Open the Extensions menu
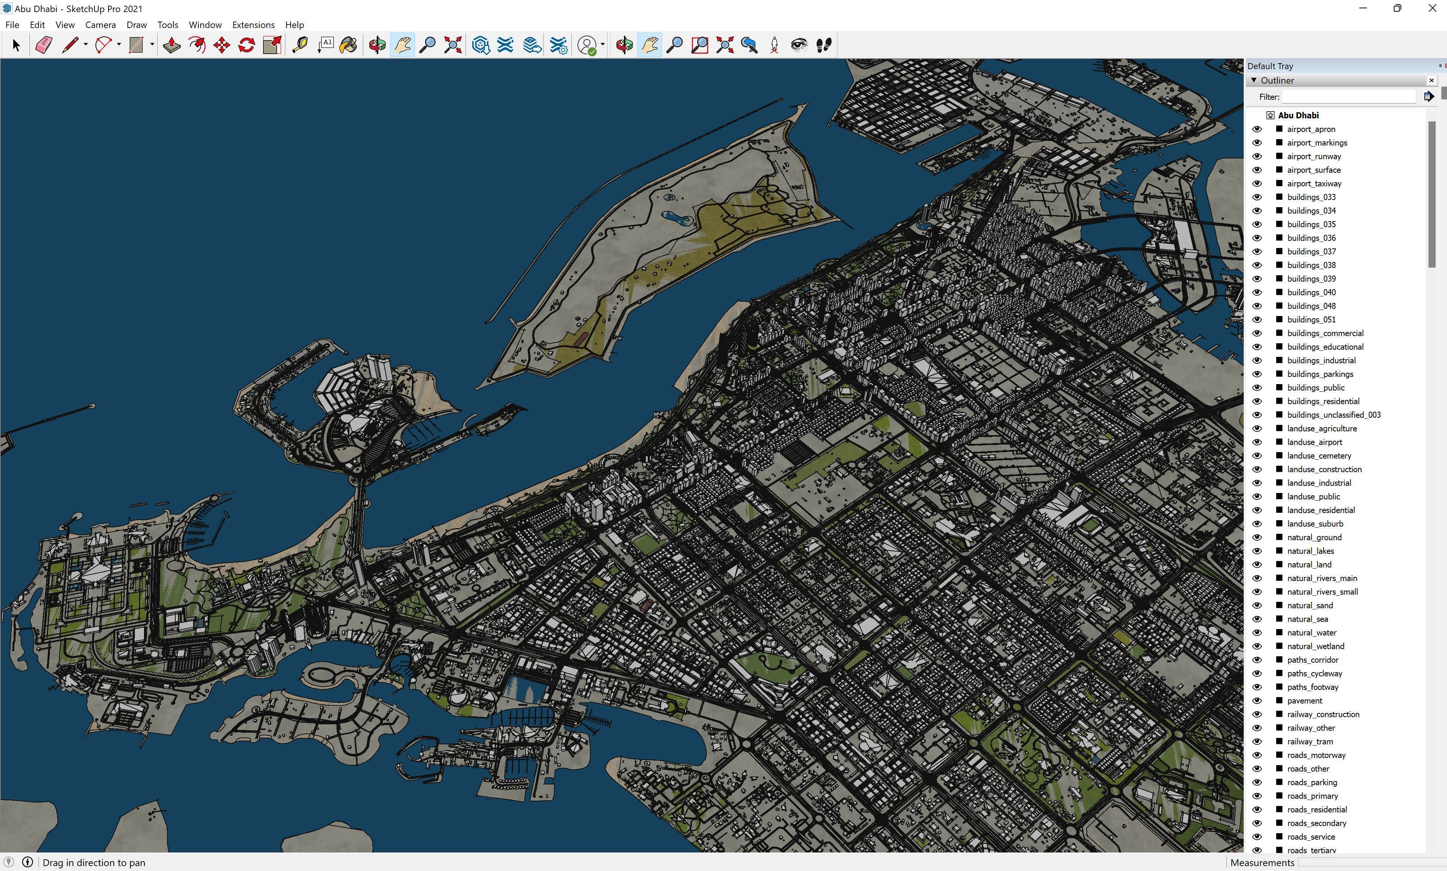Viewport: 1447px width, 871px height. pos(253,25)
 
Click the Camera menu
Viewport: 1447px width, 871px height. pos(100,25)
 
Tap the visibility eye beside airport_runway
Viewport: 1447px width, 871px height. pos(1257,156)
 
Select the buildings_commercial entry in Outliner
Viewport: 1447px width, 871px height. pos(1325,333)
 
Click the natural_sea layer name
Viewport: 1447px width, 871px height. pos(1308,618)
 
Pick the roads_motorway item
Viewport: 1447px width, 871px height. pos(1316,755)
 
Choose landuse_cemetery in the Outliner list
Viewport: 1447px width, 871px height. pos(1319,456)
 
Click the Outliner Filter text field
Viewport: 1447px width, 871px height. pos(1348,97)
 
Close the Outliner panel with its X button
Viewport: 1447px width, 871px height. pos(1431,81)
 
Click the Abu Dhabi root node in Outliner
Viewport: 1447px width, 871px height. pos(1298,115)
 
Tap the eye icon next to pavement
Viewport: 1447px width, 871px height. pos(1257,700)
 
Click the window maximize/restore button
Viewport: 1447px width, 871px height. pos(1397,8)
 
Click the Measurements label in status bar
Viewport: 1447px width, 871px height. pos(1262,862)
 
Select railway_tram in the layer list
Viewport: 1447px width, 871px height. pos(1310,741)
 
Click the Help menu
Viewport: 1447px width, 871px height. pos(294,25)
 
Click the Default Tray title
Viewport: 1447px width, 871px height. pos(1270,66)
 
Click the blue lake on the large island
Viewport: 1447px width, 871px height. pos(678,219)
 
